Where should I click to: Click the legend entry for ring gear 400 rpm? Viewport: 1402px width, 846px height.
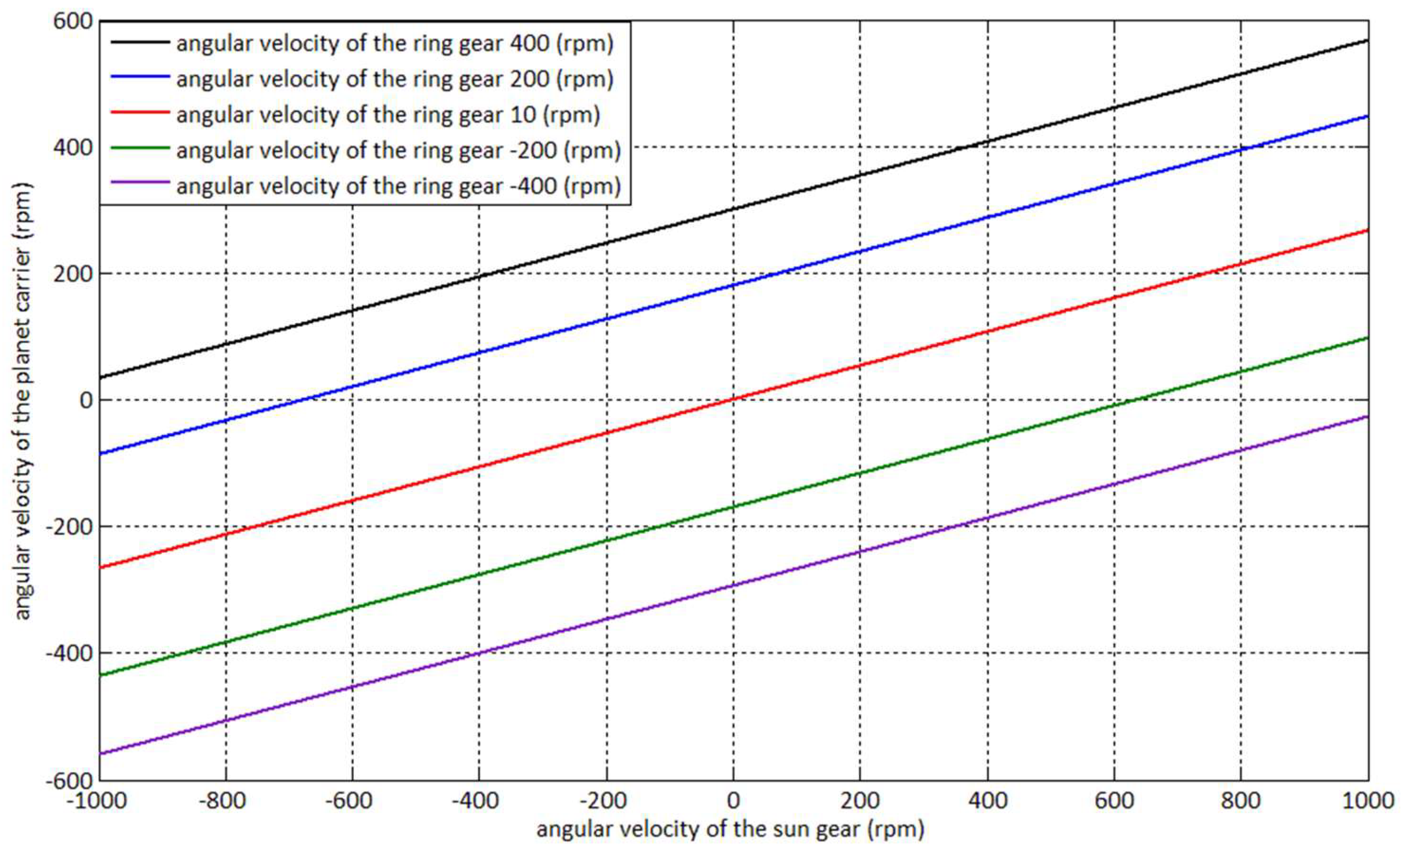(x=395, y=43)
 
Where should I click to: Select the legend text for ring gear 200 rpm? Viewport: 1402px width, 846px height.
(x=395, y=79)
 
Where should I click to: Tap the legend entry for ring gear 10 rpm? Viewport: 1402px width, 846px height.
(x=388, y=115)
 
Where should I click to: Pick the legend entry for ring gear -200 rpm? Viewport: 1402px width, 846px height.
(x=398, y=151)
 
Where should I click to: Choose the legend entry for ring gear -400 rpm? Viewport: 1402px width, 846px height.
(x=398, y=187)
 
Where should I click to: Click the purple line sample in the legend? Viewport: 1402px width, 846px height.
(x=140, y=182)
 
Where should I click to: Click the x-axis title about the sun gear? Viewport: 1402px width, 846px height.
(x=730, y=829)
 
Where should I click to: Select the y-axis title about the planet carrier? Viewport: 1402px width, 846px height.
(x=23, y=401)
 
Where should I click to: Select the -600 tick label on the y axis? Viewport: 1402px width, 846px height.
(x=68, y=780)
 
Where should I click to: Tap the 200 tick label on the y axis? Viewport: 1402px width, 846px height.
(x=72, y=273)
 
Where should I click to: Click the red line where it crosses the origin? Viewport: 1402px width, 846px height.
(x=733, y=399)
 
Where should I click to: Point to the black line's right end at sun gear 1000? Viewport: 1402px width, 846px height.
(x=1367, y=40)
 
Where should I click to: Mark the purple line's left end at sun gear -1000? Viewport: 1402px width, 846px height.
(x=101, y=754)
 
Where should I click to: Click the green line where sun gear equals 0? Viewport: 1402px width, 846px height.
(x=733, y=507)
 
